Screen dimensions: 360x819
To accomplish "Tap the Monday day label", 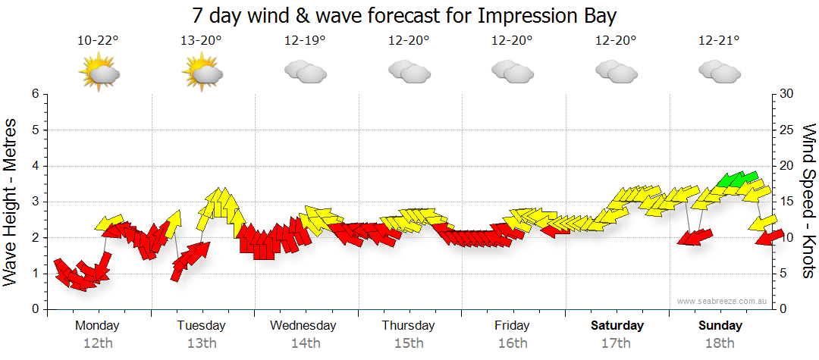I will click(x=97, y=325).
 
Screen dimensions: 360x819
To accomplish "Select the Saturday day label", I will click(x=617, y=325).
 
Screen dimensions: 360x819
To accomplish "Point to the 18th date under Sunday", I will click(x=720, y=343).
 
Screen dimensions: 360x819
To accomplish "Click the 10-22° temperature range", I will click(x=97, y=40).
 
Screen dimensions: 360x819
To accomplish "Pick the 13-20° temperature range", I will click(x=201, y=40).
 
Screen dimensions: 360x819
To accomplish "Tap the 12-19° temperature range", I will click(x=305, y=40).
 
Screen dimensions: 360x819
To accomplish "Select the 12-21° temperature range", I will click(x=719, y=40).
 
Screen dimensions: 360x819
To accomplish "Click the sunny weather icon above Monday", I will click(x=99, y=73).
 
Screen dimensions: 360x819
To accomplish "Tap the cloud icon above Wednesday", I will click(x=305, y=71).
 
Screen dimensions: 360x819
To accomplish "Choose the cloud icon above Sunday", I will click(x=719, y=71).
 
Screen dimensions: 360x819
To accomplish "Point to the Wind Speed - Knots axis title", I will click(x=808, y=201).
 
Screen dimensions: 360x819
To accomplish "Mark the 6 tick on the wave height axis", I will click(x=34, y=94).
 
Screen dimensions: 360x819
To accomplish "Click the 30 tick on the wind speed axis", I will click(x=786, y=94).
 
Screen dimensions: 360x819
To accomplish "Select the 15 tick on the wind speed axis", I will click(x=786, y=202).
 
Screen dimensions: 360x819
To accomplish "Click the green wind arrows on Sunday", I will click(x=736, y=179).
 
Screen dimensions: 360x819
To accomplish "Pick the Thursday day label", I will click(x=408, y=325).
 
